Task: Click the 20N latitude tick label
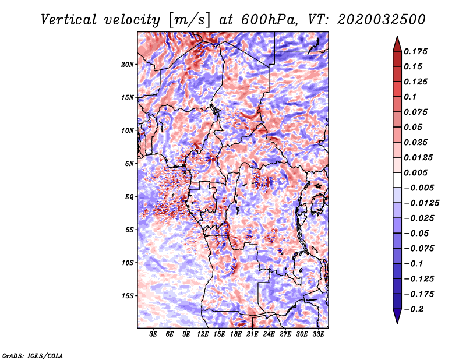coord(128,65)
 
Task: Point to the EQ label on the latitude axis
coord(129,197)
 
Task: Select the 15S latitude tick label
coord(128,296)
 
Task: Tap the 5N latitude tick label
coord(129,164)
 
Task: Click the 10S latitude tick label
coord(128,263)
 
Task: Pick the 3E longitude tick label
coord(153,334)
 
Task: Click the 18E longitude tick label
coord(236,334)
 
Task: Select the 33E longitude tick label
coord(318,334)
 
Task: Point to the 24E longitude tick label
coord(269,334)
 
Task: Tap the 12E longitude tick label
coord(203,334)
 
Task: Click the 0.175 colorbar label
coord(415,51)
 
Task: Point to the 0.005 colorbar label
coord(415,172)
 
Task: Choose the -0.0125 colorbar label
coord(421,203)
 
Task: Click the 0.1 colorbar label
coord(410,97)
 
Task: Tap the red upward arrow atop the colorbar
coord(397,44)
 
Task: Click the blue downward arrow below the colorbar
coord(397,316)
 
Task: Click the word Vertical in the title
coord(68,20)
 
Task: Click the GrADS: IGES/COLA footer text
coord(33,356)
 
